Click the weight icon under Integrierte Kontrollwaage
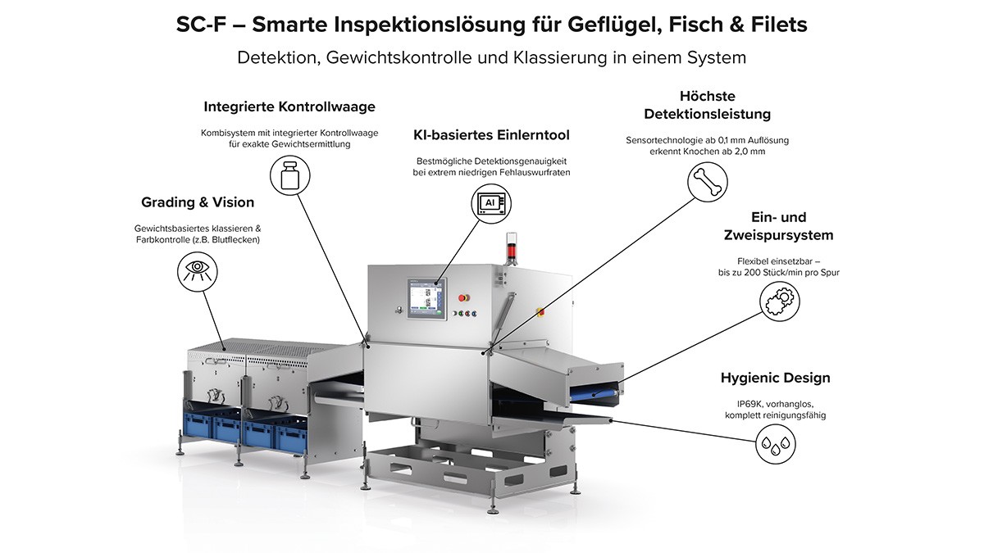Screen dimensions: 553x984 (x=289, y=176)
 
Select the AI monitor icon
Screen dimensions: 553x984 (x=490, y=203)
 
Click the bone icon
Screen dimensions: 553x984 (x=706, y=182)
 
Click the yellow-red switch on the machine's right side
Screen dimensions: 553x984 (x=540, y=310)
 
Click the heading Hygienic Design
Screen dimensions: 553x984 (x=775, y=378)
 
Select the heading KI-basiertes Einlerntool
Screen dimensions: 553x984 (x=491, y=134)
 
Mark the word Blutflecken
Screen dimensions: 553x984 (x=235, y=240)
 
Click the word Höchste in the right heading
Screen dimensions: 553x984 (x=707, y=96)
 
